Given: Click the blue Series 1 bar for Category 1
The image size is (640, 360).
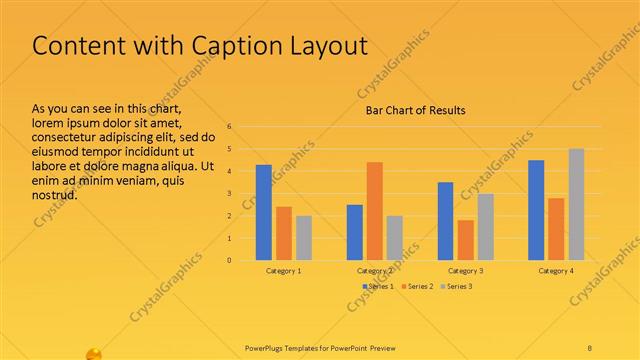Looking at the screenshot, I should click(264, 212).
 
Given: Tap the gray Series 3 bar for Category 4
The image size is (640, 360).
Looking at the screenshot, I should click(576, 204).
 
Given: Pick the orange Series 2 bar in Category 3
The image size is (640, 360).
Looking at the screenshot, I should click(466, 240).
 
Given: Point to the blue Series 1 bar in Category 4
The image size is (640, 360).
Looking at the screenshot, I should click(536, 210).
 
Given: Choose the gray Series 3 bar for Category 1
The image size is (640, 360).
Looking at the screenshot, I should click(304, 238).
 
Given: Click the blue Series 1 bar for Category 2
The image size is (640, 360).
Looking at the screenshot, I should click(355, 232).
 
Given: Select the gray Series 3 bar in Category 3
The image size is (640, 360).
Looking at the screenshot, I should click(485, 227).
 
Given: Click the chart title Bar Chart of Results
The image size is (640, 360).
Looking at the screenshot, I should click(414, 110).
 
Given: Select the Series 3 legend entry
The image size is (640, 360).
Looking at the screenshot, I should click(456, 287).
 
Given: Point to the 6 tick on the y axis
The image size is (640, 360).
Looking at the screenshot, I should click(230, 127).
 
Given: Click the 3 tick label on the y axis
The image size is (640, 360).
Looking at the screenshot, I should click(230, 194).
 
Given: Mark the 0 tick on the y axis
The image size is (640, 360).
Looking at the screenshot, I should click(230, 260).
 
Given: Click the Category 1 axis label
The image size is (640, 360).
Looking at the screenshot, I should click(284, 271).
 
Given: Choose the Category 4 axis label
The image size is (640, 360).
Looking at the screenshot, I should click(556, 271).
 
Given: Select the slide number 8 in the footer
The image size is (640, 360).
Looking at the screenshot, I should click(590, 348).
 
